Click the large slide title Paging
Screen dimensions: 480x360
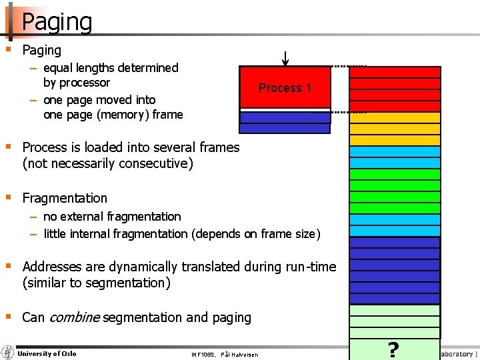pos(57,21)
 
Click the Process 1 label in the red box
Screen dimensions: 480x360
pos(285,88)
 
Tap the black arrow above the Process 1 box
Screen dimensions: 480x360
pos(285,59)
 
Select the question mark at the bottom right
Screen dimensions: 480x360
pos(393,349)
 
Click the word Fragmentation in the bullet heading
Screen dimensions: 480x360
pos(65,198)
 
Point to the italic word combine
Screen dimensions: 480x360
pos(74,317)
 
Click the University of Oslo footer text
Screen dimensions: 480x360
pos(47,353)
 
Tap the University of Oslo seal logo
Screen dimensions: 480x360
pos(8,353)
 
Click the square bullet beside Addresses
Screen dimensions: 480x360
pos(8,266)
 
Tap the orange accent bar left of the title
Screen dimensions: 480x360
pos(10,21)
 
